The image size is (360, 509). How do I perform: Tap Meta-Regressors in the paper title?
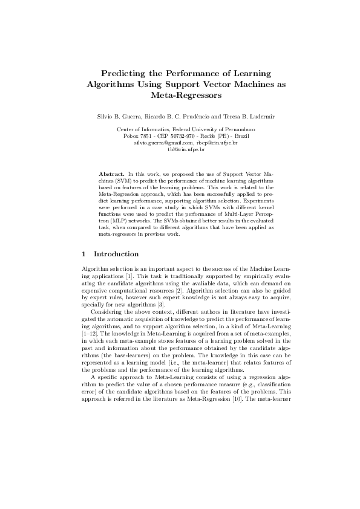pos(180,95)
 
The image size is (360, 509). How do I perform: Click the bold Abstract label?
pos(111,174)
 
